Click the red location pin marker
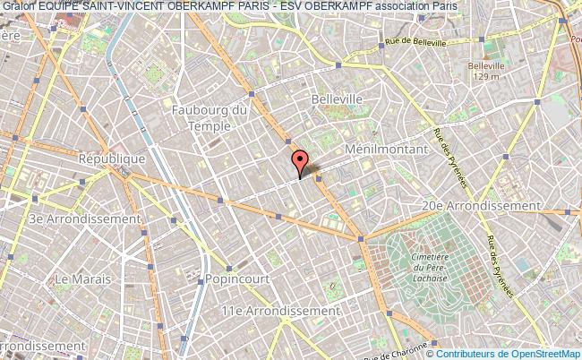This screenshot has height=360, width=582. pos(300,162)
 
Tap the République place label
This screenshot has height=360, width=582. pos(113,159)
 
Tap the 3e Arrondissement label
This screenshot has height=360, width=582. pos(84,219)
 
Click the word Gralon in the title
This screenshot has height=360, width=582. pos(17,5)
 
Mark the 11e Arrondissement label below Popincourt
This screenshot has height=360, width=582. pos(281,310)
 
